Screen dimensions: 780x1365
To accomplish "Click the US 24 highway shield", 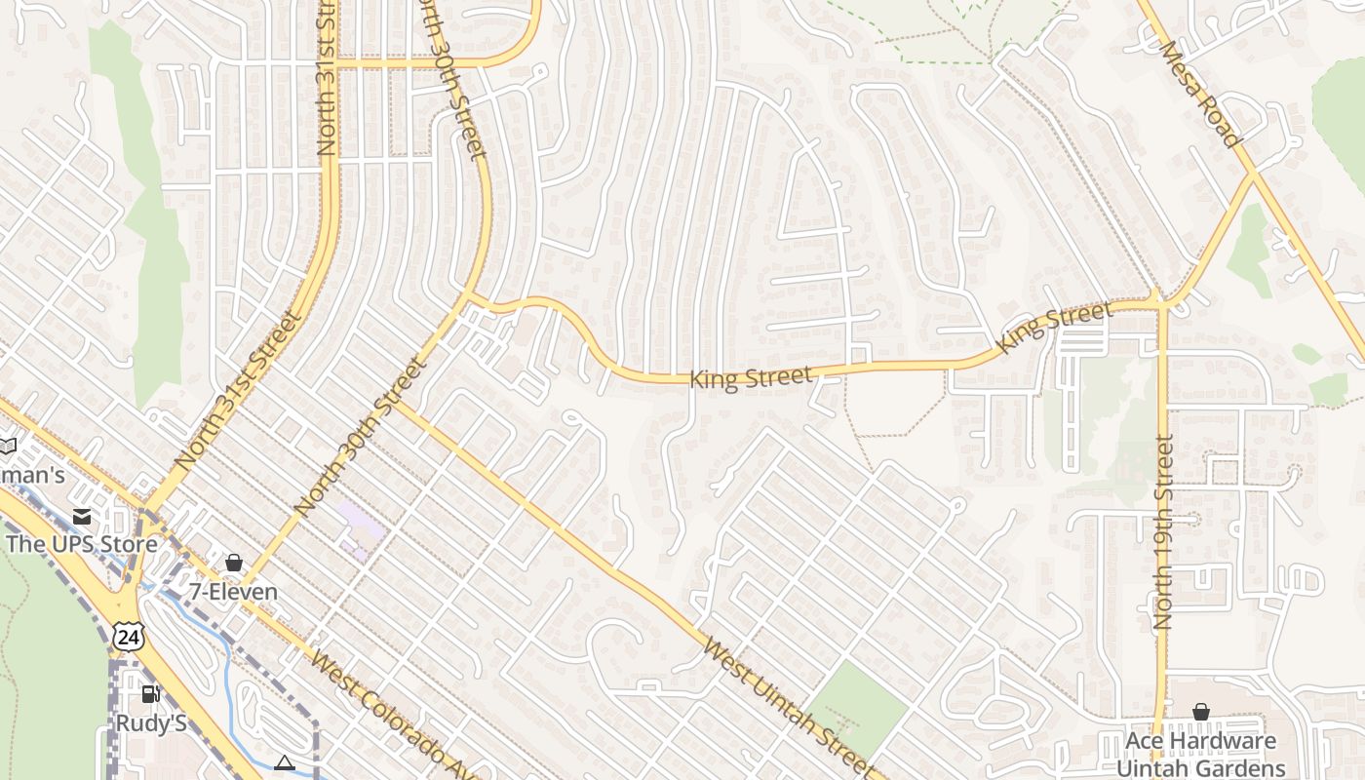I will [128, 637].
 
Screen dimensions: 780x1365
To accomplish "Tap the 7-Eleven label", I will [233, 592].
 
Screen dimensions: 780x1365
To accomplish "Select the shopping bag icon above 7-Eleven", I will [233, 563].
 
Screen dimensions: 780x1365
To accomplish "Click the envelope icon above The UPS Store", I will [82, 516].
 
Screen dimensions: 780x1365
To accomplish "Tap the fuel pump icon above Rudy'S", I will [150, 694].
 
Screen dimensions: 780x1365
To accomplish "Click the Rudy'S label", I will [151, 723].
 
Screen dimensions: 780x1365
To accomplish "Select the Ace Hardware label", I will [1200, 741].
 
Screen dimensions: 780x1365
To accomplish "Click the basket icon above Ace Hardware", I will [1200, 712].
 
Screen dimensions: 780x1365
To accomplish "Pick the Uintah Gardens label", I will [1200, 768].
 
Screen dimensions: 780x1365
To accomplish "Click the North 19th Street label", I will [1163, 531].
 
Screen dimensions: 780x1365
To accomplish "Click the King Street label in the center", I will [751, 377].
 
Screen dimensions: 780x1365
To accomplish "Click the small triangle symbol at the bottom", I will [285, 762].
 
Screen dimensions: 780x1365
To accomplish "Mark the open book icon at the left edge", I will [7, 446].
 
